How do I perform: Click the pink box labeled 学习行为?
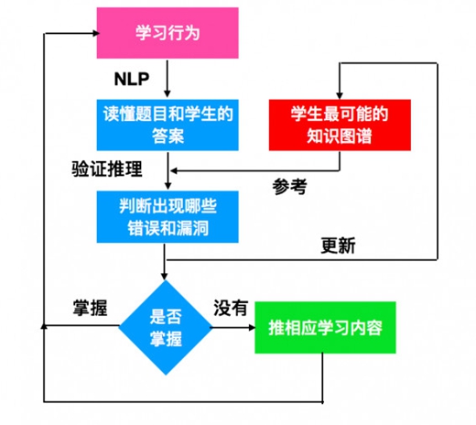click(168, 33)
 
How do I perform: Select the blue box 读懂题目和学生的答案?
click(168, 125)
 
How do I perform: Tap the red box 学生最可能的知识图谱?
click(340, 125)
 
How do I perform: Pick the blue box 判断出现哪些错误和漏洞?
click(168, 217)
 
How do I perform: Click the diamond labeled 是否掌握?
click(166, 327)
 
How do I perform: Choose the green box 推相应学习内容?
click(325, 328)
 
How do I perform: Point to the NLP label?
click(132, 79)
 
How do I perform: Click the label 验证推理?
click(107, 169)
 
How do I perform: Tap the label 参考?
click(289, 187)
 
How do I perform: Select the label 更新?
click(338, 245)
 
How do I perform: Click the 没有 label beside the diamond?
click(231, 308)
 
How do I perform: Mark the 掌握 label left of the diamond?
click(90, 308)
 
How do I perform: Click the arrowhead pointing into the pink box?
click(96, 33)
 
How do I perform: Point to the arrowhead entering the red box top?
click(340, 95)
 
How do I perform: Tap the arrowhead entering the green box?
click(252, 328)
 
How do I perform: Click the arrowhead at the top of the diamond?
click(165, 276)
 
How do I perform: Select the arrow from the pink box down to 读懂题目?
click(168, 79)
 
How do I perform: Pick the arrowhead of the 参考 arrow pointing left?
click(174, 170)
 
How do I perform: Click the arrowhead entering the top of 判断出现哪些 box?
click(168, 186)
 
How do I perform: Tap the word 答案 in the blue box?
click(168, 136)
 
